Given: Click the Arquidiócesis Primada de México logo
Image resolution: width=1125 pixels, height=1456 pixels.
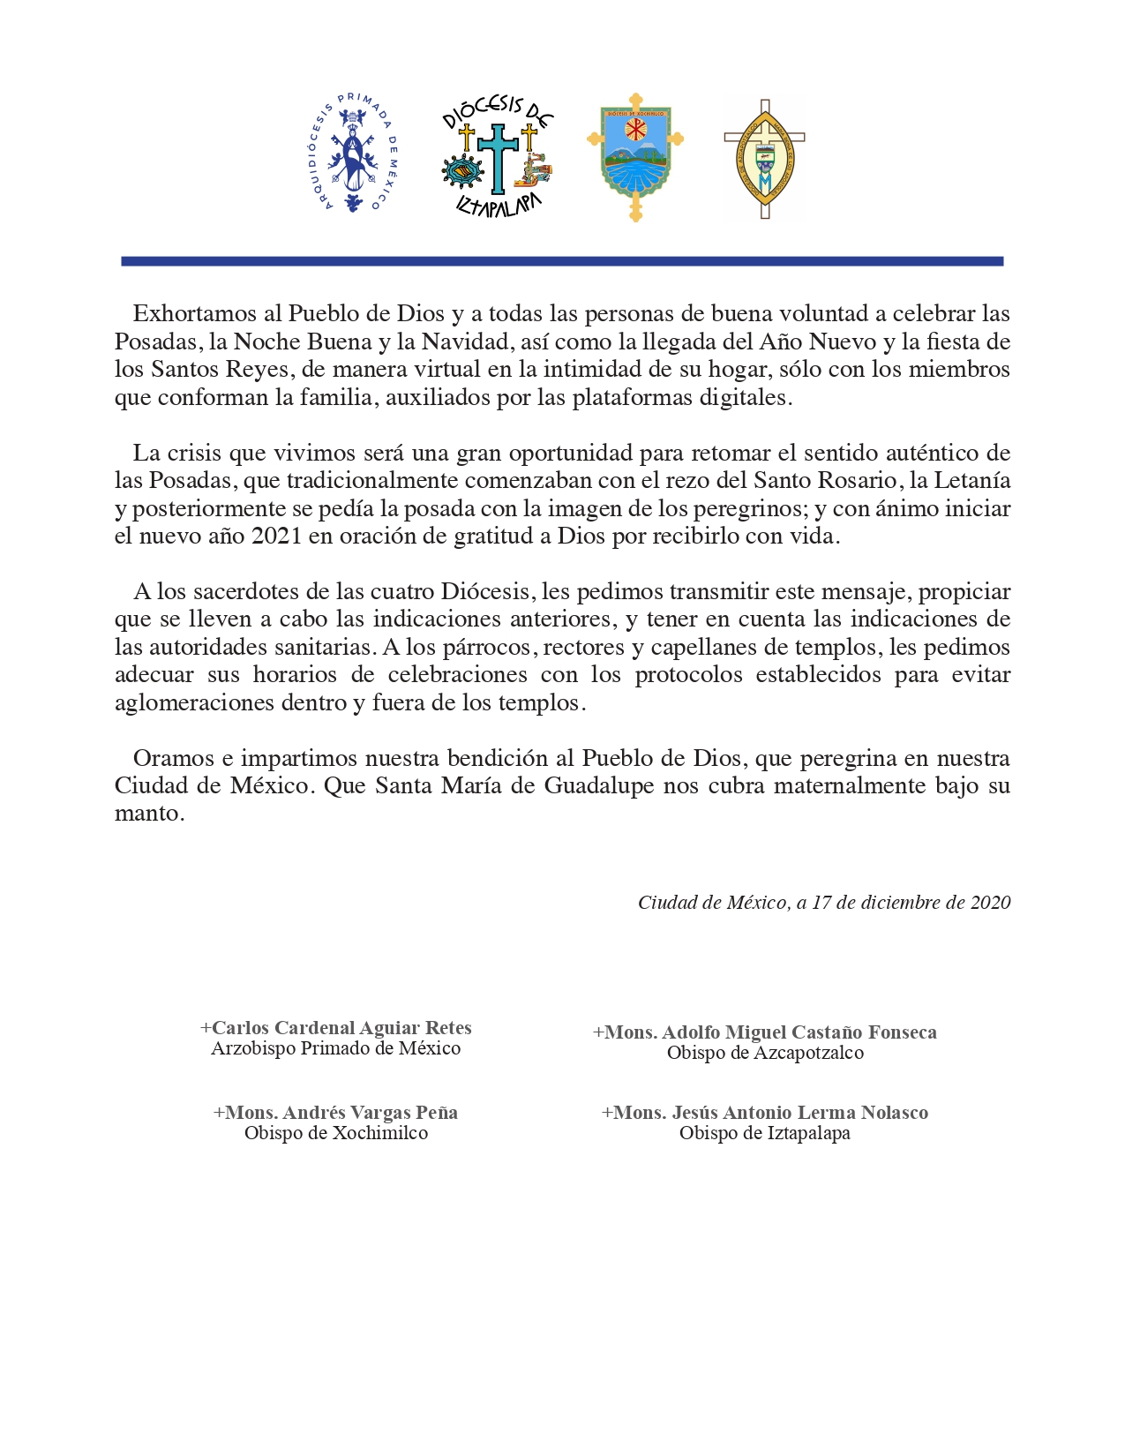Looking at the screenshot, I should [356, 154].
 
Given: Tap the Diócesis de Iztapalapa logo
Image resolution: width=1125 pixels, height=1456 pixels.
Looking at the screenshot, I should [498, 157].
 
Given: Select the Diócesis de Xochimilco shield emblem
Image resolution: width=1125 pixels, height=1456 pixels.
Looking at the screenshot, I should [634, 157].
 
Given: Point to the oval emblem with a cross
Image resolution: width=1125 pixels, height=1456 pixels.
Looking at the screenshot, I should [764, 159].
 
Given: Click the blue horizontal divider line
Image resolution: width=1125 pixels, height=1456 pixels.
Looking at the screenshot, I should [562, 261].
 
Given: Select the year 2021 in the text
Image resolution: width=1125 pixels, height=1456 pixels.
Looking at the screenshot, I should [276, 536].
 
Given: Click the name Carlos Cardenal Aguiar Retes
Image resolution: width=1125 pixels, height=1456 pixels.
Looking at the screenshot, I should [336, 1027].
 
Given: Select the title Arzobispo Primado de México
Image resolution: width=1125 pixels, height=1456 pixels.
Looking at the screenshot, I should [336, 1048].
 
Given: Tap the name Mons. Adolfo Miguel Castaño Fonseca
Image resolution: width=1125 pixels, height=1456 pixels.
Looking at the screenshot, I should [765, 1032].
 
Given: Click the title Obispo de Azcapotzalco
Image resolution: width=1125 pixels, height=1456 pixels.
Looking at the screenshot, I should [765, 1053].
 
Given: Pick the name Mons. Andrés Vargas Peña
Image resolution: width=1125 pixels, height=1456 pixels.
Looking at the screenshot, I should [335, 1112].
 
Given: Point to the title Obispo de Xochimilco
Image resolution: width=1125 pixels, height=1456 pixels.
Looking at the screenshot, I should [336, 1133].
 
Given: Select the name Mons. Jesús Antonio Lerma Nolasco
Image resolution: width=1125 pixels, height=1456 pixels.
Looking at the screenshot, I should [765, 1112].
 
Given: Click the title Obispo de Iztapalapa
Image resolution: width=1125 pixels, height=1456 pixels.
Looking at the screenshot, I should [765, 1133].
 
